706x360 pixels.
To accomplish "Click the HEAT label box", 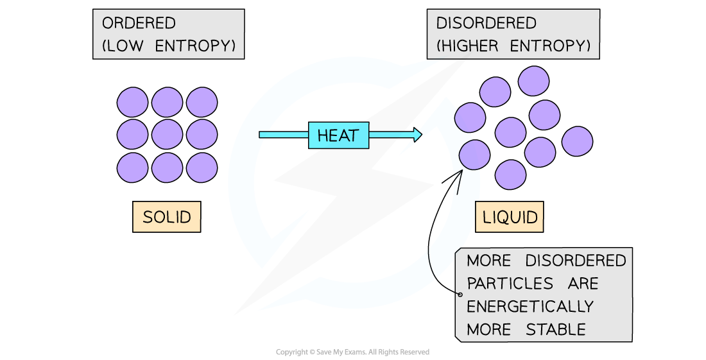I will tap(338, 135).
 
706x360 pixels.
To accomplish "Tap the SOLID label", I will tap(166, 217).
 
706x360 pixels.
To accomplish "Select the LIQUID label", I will tap(510, 217).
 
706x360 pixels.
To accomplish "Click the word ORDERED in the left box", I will tap(139, 24).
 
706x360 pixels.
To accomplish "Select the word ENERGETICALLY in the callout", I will tap(530, 307).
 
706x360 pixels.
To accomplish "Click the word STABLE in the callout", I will tap(556, 330).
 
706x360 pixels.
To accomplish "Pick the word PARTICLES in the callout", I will tap(510, 284).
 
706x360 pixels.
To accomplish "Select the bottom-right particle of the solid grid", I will tap(202, 167).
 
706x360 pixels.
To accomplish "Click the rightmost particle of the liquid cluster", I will tap(577, 141).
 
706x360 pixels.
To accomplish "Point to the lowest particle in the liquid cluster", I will tap(511, 175).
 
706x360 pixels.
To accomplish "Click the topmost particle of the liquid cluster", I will tap(534, 81).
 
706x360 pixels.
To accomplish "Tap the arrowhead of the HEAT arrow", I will tap(418, 135).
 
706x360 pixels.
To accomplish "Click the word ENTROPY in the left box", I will tap(200, 46).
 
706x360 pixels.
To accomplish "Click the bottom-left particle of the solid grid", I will tap(133, 167).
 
